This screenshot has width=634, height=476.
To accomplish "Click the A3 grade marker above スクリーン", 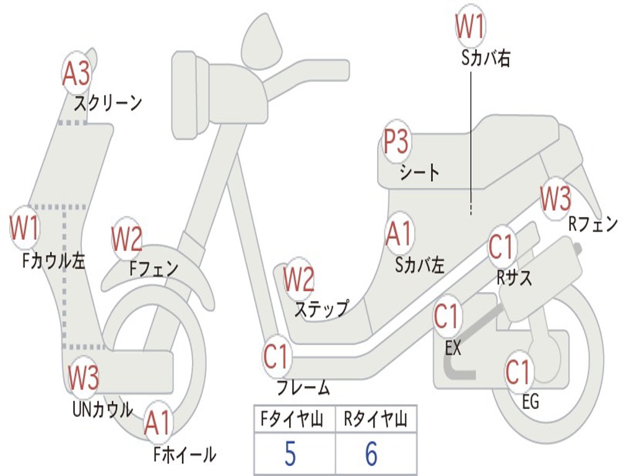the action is (x=76, y=74).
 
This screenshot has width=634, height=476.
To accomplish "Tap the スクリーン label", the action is (x=108, y=102).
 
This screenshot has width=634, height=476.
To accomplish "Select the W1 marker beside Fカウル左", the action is (x=25, y=229).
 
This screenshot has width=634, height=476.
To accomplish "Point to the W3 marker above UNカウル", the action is (x=84, y=377).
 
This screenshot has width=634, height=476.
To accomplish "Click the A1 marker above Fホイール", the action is (x=158, y=424).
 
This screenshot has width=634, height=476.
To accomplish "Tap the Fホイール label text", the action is (x=185, y=455).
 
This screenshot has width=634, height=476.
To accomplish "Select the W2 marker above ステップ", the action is (x=299, y=280).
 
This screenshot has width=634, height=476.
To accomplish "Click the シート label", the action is (x=419, y=172).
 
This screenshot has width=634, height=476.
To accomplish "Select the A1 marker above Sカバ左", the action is (x=399, y=234).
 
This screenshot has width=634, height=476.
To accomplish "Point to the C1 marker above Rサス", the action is (x=502, y=247).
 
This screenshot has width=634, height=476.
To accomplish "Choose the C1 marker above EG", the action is (x=518, y=372).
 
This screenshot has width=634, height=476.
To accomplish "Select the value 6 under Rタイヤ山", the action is (x=371, y=454).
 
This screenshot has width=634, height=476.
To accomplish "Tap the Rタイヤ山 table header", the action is (x=375, y=420).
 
